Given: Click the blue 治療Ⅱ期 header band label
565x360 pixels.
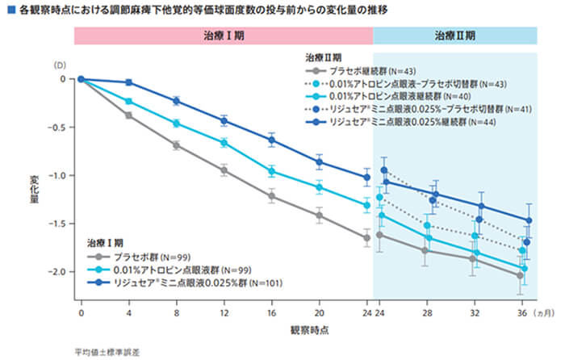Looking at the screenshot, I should coord(454,36).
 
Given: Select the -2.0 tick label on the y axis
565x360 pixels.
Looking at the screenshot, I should coord(62,272).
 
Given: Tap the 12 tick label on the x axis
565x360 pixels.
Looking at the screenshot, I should coord(224,311).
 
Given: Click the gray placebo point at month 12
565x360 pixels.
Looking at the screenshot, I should coord(224,170).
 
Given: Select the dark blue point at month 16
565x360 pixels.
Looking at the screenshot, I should coord(271,140).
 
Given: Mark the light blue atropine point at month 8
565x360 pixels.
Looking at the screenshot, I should coord(176,123).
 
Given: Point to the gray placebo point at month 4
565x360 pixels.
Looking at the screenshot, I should coord(128,115).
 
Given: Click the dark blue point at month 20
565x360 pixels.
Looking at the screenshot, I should coord(319,161).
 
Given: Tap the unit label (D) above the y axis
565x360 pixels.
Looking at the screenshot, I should coord(59,64).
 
